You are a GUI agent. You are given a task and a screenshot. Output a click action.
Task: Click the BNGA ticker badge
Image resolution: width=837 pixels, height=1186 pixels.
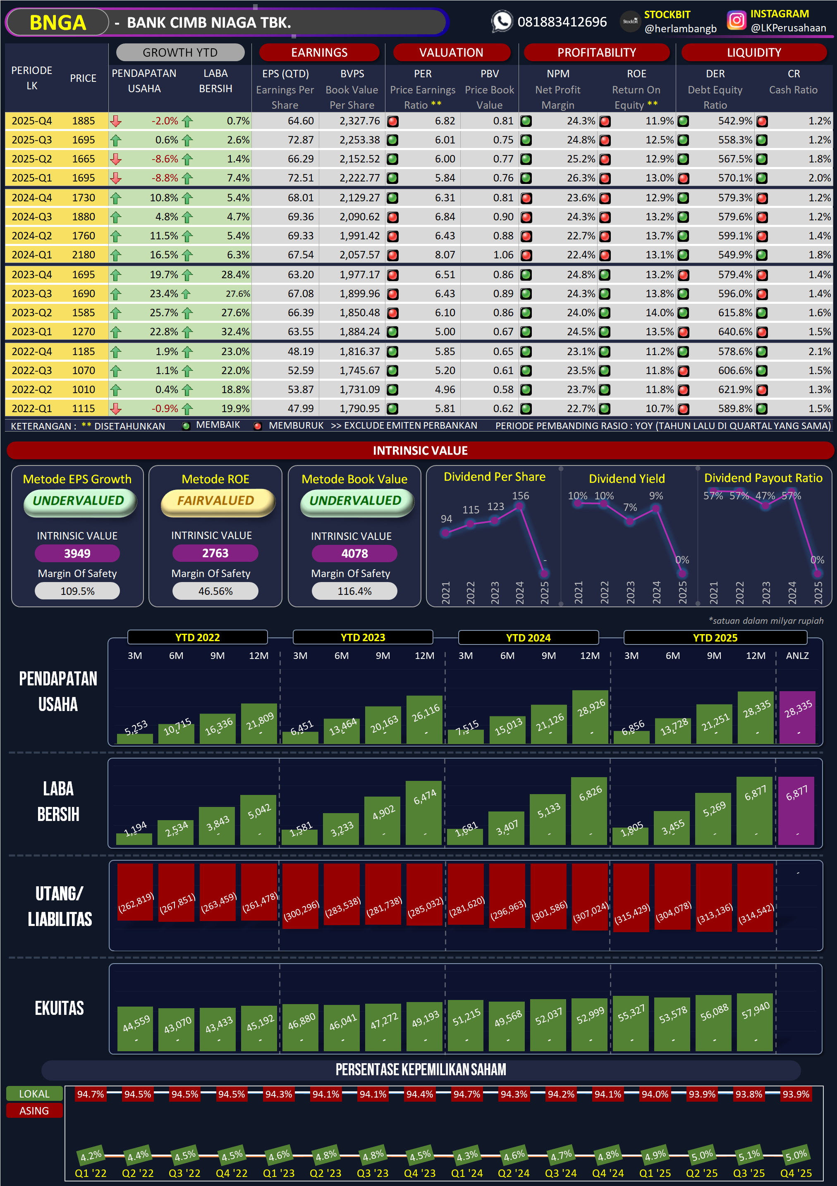click(57, 23)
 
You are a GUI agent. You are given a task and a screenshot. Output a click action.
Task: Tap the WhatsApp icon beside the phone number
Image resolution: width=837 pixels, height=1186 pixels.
click(501, 21)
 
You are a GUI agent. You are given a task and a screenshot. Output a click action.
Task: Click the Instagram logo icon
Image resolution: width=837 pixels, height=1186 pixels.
click(736, 21)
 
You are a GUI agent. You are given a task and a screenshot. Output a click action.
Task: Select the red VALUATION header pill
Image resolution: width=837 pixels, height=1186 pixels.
click(451, 52)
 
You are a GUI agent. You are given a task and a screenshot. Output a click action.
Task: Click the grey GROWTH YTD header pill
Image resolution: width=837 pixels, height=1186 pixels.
click(180, 52)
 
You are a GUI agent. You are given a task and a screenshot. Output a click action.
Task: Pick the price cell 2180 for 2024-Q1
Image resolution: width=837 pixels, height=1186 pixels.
click(83, 255)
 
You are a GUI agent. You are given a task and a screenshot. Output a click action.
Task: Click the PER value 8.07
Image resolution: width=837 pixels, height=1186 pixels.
click(445, 255)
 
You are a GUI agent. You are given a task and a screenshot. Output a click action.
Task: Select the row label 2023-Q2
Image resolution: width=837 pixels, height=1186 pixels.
click(31, 313)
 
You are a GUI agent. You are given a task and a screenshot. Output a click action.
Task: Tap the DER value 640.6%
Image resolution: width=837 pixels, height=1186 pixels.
click(735, 332)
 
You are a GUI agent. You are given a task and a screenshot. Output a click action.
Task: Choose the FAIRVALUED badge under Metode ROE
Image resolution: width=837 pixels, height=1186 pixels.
click(216, 501)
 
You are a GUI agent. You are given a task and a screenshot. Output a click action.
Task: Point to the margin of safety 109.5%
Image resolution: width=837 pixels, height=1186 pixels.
click(77, 592)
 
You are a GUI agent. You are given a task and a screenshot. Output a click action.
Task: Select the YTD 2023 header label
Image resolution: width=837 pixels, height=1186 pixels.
click(363, 637)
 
